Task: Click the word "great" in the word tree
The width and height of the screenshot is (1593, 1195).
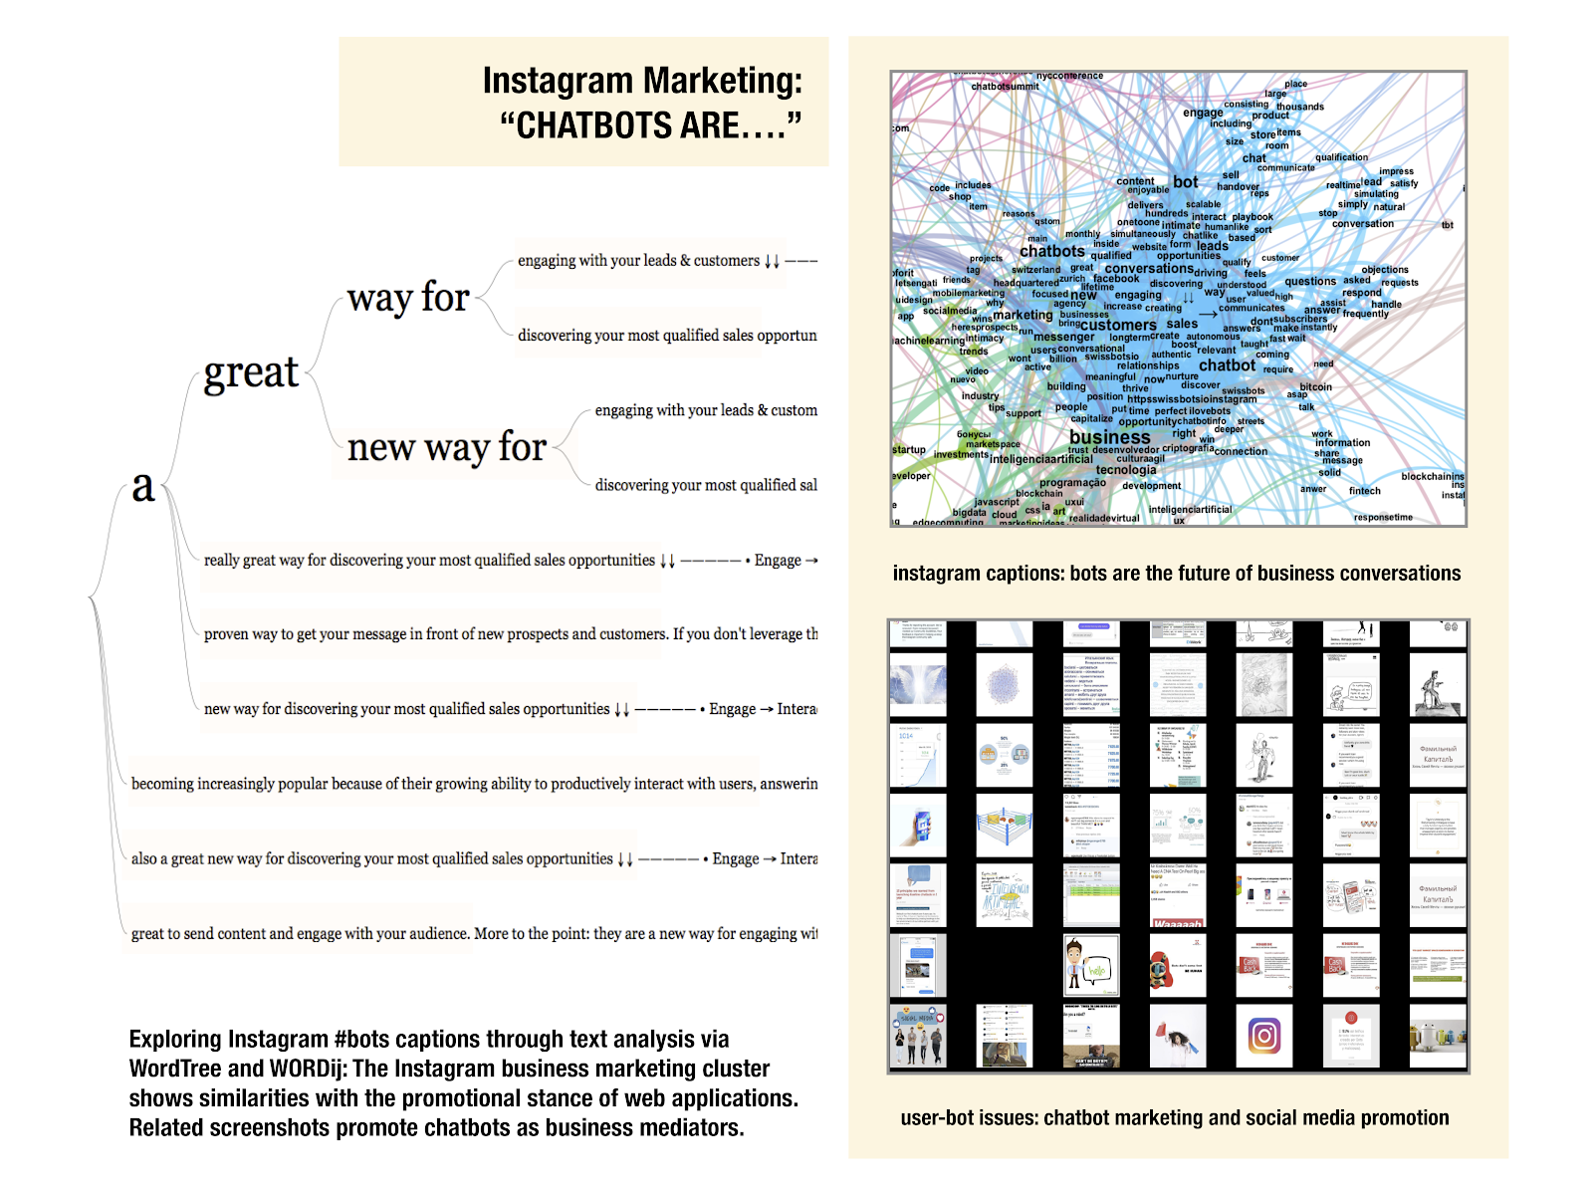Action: (251, 373)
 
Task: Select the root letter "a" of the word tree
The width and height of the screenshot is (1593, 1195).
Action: (143, 486)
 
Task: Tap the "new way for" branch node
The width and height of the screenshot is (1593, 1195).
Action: (446, 447)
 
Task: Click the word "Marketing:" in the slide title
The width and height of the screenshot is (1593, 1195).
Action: (724, 81)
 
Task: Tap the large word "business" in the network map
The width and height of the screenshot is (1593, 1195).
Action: (1109, 437)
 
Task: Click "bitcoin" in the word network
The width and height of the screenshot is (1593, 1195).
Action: (1315, 386)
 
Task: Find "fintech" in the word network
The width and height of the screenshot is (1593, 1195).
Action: (1364, 491)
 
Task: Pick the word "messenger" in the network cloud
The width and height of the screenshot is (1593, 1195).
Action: (1063, 337)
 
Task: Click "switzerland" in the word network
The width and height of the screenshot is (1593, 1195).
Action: (1035, 270)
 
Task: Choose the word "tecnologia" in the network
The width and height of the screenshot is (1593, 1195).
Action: (1126, 470)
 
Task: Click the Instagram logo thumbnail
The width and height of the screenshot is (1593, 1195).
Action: (1264, 1036)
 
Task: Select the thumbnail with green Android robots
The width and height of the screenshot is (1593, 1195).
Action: (1437, 1036)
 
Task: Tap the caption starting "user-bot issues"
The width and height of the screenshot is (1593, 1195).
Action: (1175, 1117)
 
